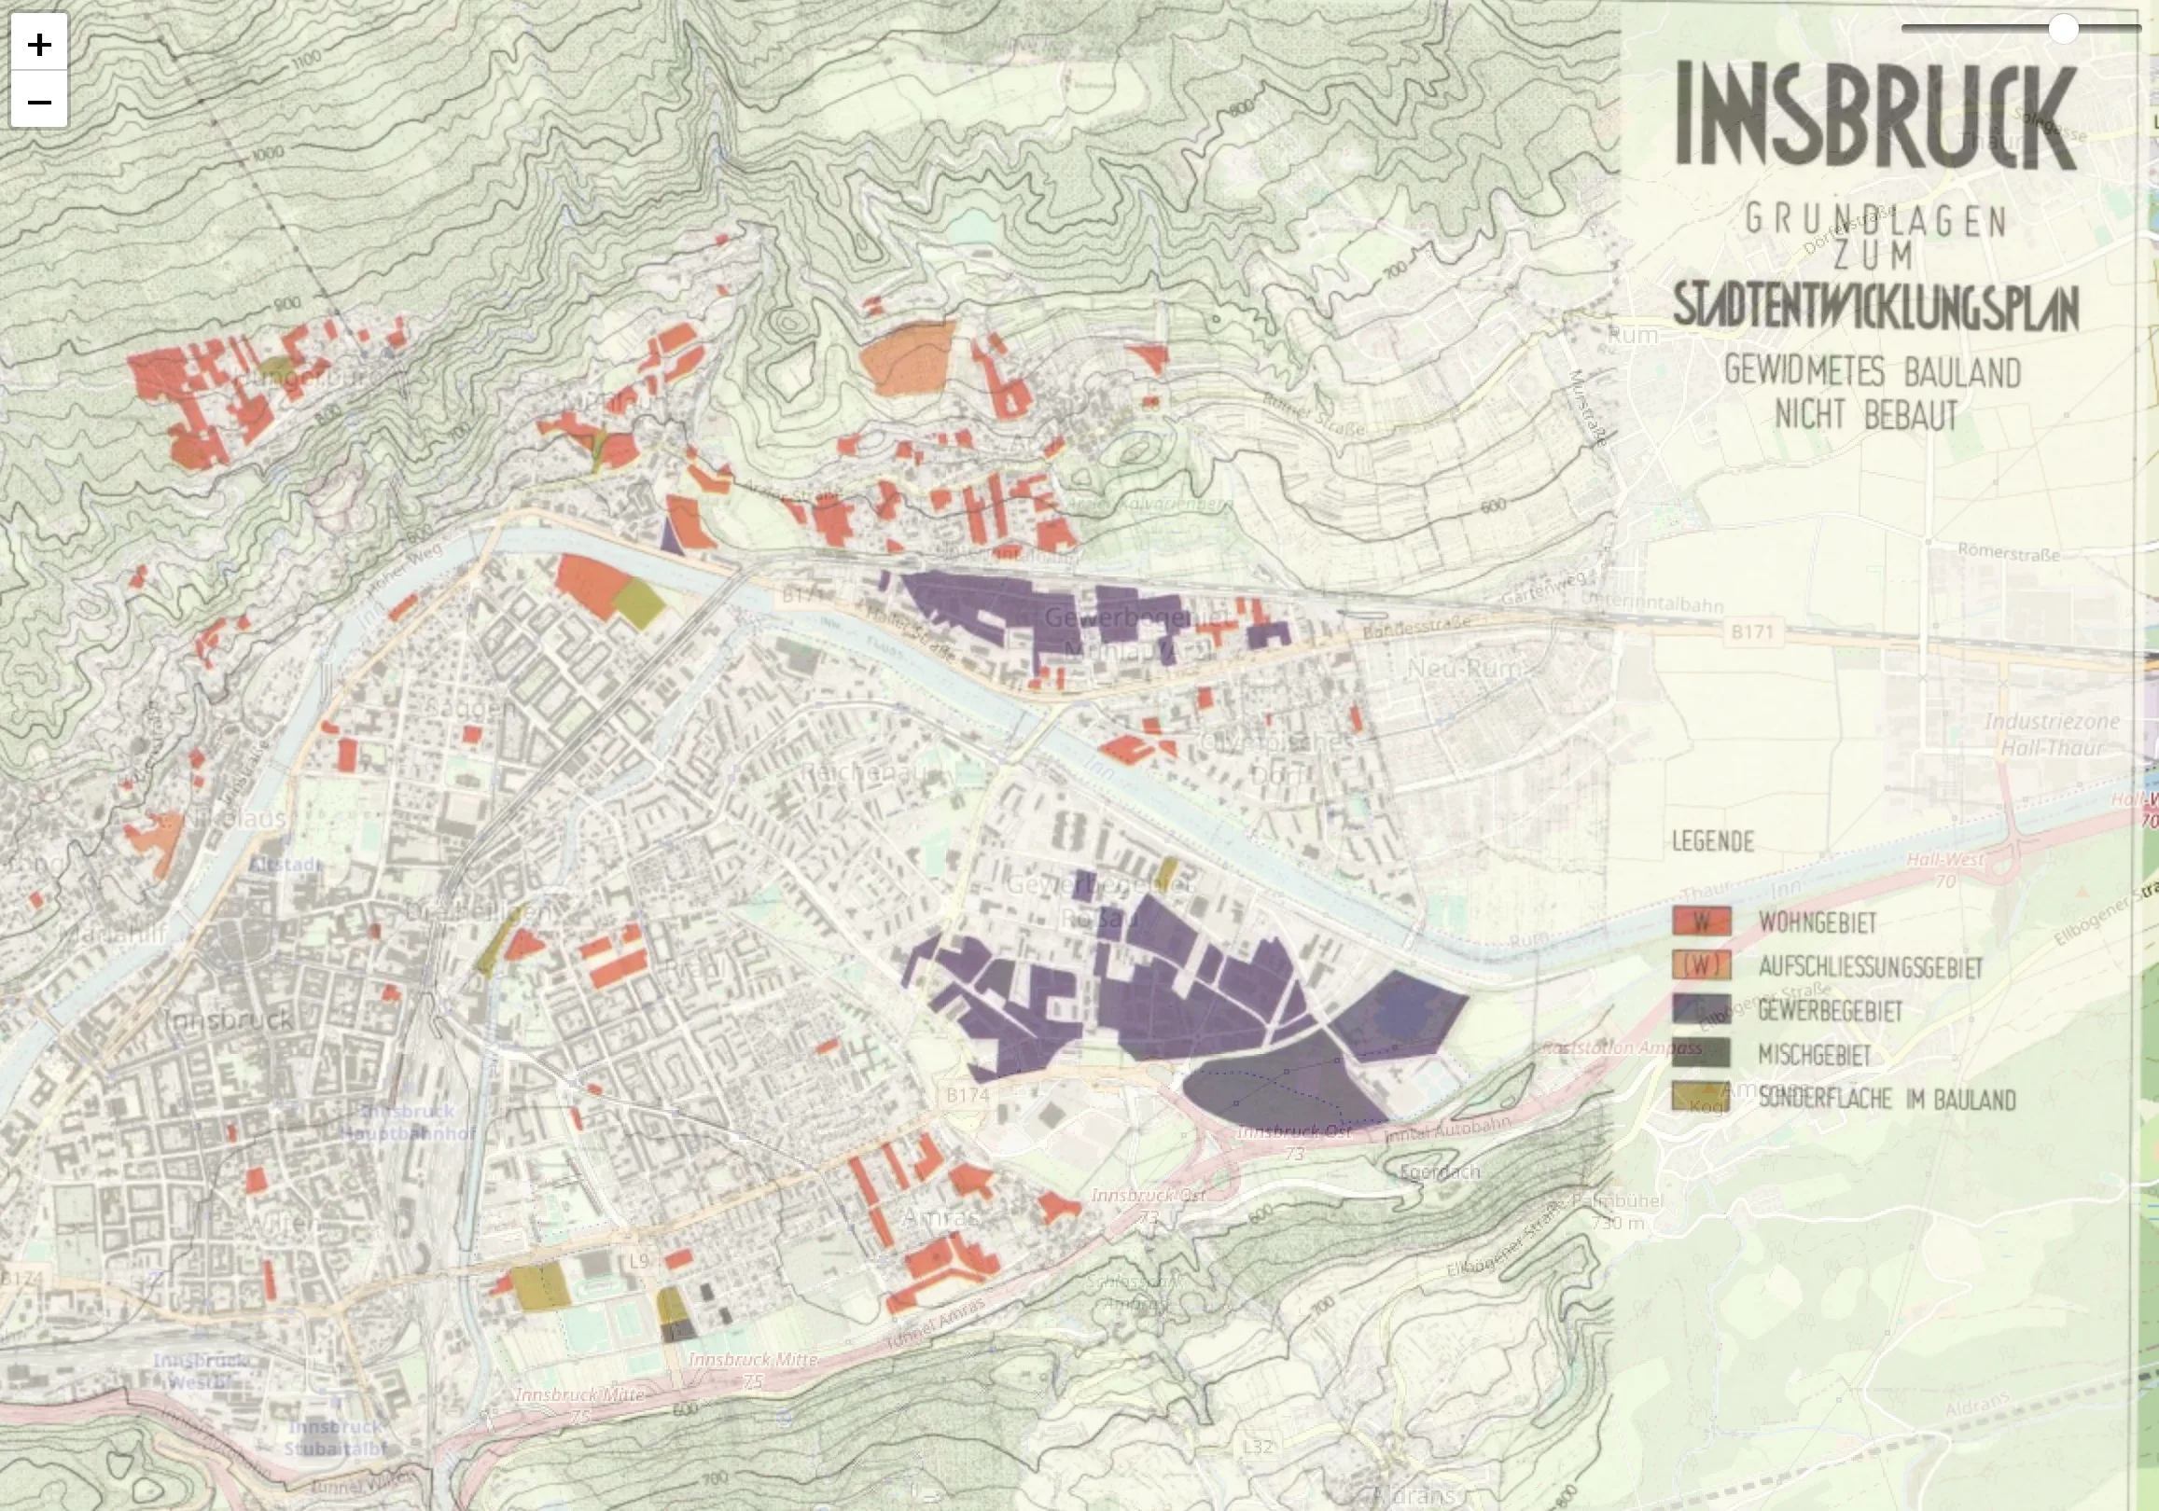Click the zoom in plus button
click(38, 43)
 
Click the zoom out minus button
click(38, 101)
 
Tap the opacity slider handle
click(2062, 29)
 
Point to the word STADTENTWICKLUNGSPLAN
click(1875, 307)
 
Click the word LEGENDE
click(1712, 841)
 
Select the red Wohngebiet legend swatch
click(1701, 922)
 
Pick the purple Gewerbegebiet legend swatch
click(1701, 1010)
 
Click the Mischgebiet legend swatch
click(1701, 1053)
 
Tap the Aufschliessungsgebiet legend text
click(1870, 966)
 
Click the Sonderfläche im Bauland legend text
click(1887, 1098)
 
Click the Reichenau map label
click(863, 772)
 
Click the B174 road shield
click(967, 1095)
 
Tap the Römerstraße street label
click(2008, 553)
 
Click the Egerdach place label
click(1439, 1171)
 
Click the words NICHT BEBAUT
click(1866, 415)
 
